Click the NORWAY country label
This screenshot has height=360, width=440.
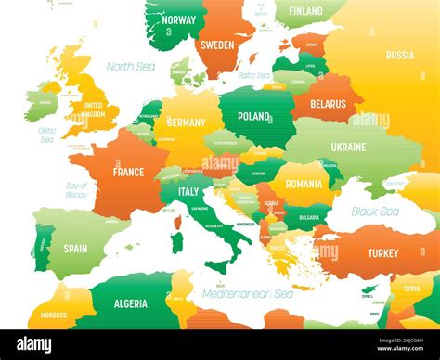178,19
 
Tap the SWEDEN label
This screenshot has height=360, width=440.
217,44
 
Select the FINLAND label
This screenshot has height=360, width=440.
305,11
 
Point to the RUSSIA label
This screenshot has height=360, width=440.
400,55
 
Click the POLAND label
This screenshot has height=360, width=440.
253,117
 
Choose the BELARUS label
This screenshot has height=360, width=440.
327,105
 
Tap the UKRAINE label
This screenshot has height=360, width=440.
348,147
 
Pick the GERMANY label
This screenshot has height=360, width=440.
186,122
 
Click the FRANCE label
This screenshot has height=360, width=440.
128,172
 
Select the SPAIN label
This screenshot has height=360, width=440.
75,249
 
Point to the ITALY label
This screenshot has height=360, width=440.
188,192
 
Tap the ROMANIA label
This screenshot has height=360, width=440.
304,184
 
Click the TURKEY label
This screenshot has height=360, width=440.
382,253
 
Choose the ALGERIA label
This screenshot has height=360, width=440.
130,303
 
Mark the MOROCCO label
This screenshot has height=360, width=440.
54,315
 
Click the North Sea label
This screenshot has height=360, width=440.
131,67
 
